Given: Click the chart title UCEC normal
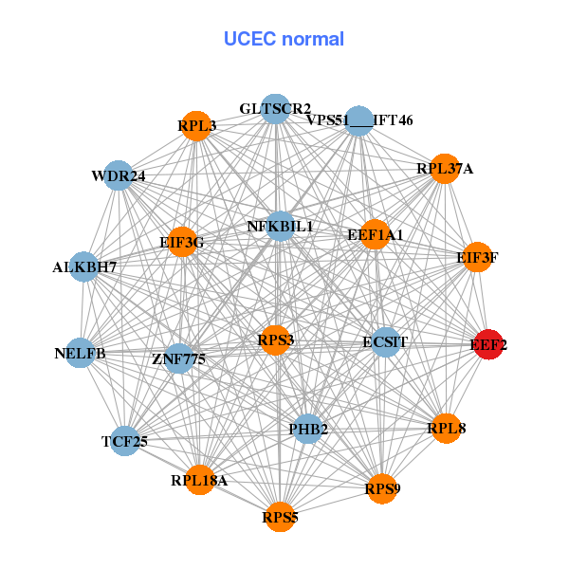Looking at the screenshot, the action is coord(284,39).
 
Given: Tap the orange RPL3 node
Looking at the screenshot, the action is coord(195,126).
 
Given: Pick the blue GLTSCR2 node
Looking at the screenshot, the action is coord(275,109).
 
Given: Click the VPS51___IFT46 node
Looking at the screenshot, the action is coord(358,121).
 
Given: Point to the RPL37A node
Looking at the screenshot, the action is coord(445,169).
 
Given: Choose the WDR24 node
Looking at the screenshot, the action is coord(119,175).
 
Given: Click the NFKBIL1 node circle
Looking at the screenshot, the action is coord(281,227).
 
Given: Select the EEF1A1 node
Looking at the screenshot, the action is coord(376,234).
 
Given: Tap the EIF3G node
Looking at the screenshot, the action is coord(182,243).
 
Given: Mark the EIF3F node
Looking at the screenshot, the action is coord(477,256).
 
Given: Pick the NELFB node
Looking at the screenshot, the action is coord(82,354).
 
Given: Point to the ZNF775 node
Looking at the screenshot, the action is coord(179,358).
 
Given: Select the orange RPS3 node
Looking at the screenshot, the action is coord(275,340).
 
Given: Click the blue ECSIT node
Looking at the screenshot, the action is coord(385,341).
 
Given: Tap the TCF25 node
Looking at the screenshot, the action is coord(124,440).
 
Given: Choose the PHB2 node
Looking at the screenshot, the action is coord(307,430).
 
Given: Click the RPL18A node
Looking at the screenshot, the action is coord(200,480).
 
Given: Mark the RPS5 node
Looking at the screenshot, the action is coord(280,517).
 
